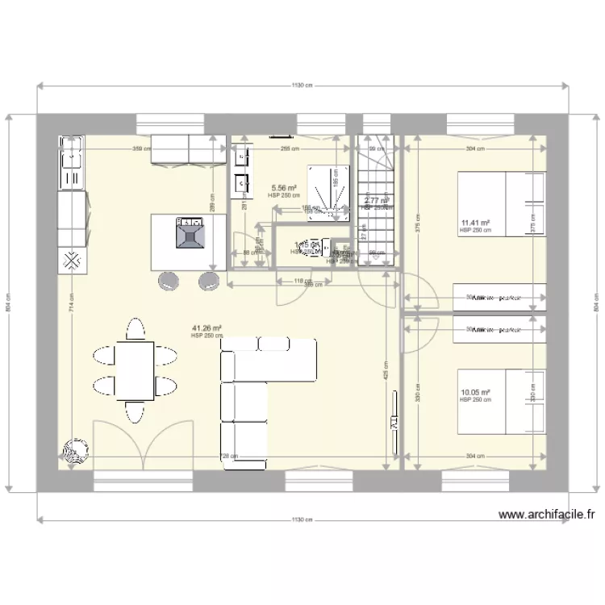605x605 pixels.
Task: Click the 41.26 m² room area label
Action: (207, 328)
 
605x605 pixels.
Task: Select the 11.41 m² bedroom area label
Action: (476, 223)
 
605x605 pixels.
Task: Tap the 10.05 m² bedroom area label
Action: (475, 394)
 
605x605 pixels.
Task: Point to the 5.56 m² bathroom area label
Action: (284, 187)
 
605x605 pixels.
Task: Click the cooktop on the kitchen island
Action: (190, 232)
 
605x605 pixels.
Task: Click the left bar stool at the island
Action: (169, 280)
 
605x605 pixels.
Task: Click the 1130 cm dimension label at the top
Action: (301, 86)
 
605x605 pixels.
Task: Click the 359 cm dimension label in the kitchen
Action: (142, 148)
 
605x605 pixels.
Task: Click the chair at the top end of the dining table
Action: (136, 328)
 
